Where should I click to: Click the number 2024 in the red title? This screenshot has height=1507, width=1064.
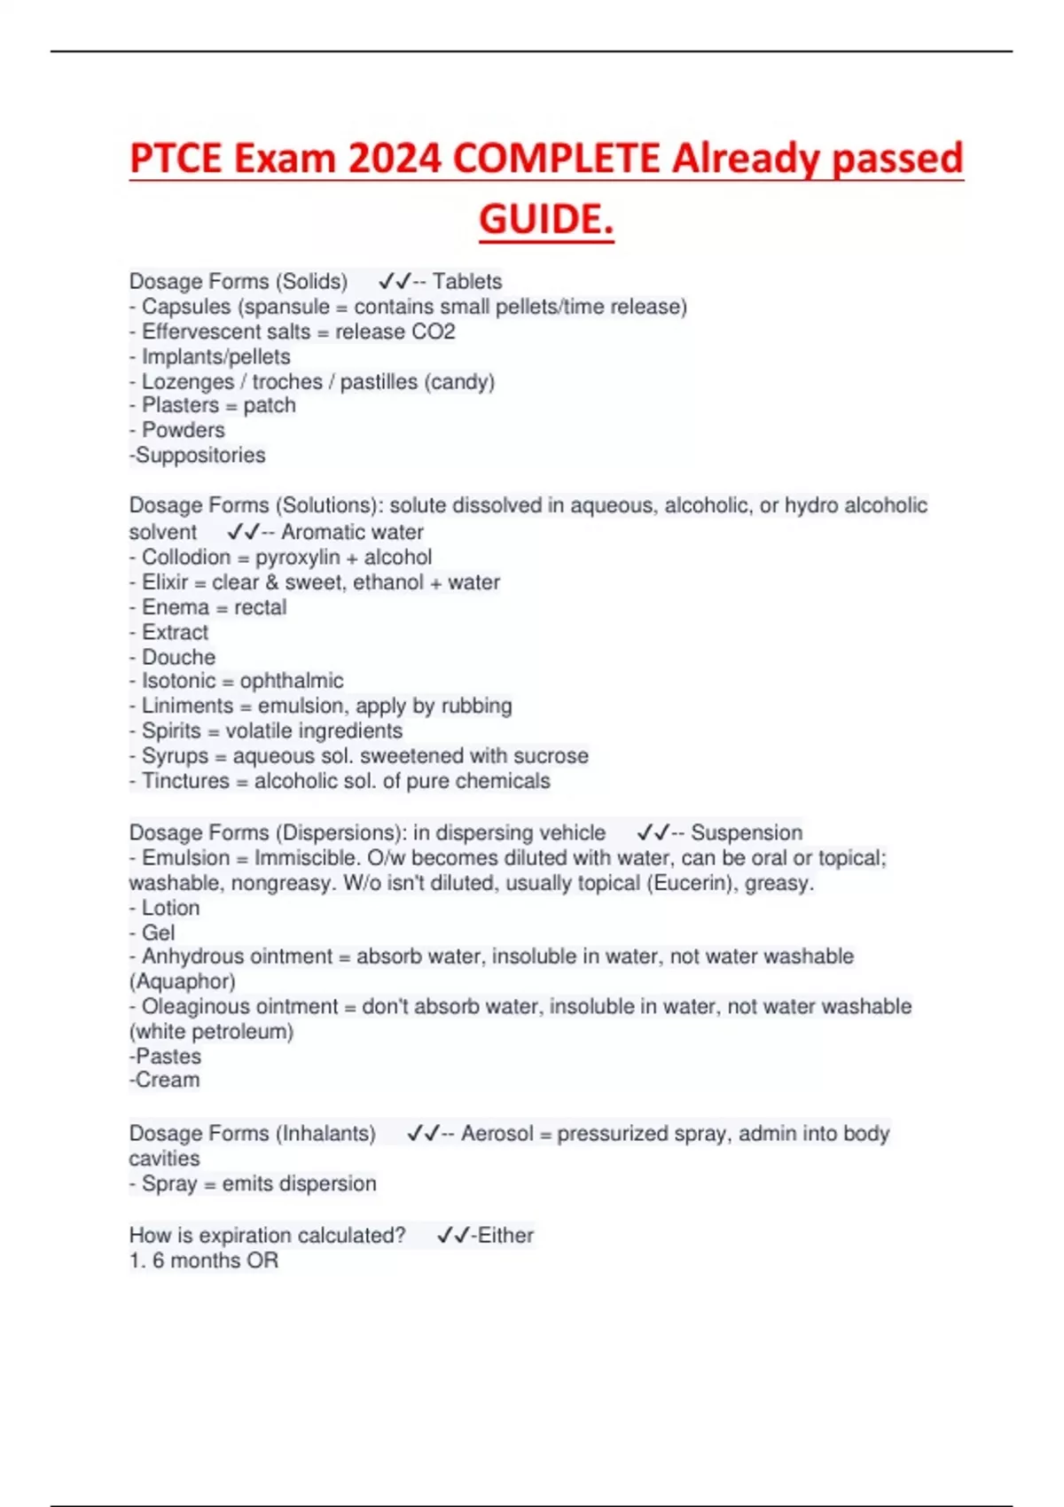pyautogui.click(x=395, y=159)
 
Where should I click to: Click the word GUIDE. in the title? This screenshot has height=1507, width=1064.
pyautogui.click(x=546, y=219)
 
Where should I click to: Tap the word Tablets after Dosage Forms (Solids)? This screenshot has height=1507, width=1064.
pyautogui.click(x=467, y=281)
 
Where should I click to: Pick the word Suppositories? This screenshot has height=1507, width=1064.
pyautogui.click(x=200, y=455)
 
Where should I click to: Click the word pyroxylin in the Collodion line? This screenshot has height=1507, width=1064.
pyautogui.click(x=297, y=557)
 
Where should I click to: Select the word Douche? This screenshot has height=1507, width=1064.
pyautogui.click(x=178, y=657)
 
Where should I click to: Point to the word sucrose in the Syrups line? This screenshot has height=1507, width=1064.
pyautogui.click(x=551, y=755)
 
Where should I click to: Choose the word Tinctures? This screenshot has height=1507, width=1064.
pyautogui.click(x=185, y=781)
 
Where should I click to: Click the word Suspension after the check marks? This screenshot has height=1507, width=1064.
pyautogui.click(x=747, y=832)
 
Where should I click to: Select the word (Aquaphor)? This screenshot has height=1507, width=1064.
pyautogui.click(x=183, y=981)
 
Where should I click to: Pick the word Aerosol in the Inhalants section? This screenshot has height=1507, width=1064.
pyautogui.click(x=497, y=1133)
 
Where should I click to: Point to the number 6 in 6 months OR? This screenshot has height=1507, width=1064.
pyautogui.click(x=158, y=1261)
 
